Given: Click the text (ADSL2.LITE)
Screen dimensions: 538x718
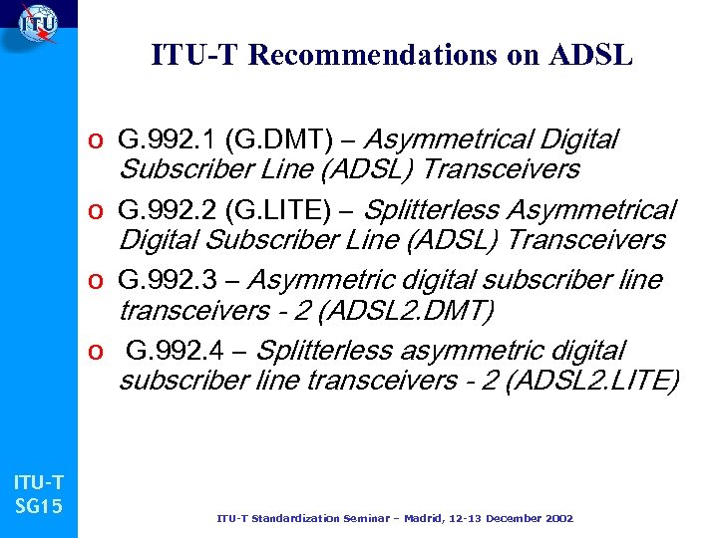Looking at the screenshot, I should point(592,381).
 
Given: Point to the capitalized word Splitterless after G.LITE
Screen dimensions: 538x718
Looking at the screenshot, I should point(433,211).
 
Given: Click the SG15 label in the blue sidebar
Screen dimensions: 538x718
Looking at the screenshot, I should point(39,506).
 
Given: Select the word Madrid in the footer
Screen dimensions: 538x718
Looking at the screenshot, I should point(427,518).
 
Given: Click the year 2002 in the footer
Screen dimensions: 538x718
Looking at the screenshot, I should point(558,518).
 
